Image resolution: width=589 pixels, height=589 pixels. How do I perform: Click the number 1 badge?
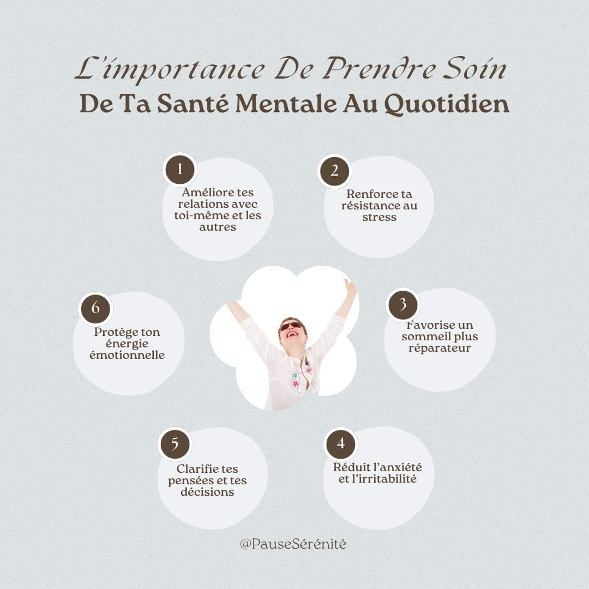click(x=180, y=170)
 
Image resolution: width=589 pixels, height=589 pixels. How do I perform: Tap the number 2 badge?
click(x=334, y=171)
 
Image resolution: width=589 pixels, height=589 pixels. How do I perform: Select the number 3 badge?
click(x=402, y=305)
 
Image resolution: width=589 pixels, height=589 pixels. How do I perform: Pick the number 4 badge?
click(x=341, y=443)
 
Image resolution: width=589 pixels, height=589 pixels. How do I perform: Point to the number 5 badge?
click(x=175, y=444)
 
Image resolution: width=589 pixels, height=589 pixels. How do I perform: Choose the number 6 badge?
click(x=95, y=308)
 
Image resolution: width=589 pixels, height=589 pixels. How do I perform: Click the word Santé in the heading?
click(x=193, y=104)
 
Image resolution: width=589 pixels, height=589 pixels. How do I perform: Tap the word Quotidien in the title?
click(x=447, y=104)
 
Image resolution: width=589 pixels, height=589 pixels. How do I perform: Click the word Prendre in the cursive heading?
click(x=379, y=69)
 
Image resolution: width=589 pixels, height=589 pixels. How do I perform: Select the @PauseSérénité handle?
click(x=293, y=544)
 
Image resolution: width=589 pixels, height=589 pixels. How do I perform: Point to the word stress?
click(x=379, y=217)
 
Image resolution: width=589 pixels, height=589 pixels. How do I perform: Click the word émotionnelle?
click(x=127, y=355)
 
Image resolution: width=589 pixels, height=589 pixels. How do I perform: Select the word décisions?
click(x=207, y=492)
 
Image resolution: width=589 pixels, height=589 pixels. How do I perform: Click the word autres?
click(x=218, y=227)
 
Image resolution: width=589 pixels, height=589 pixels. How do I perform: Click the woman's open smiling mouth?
click(x=291, y=334)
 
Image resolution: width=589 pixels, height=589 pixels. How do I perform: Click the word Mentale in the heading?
click(x=286, y=104)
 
